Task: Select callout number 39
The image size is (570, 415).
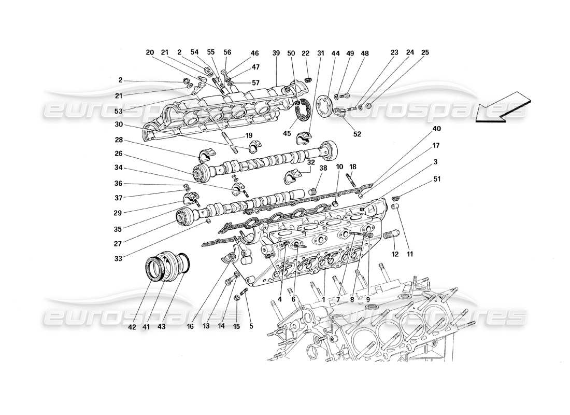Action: pyautogui.click(x=276, y=53)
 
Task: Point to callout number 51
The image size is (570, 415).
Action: pyautogui.click(x=438, y=180)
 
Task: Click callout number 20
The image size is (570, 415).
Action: pyautogui.click(x=150, y=53)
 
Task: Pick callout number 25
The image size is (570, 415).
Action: pyautogui.click(x=425, y=53)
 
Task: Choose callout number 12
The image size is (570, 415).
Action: pyautogui.click(x=395, y=254)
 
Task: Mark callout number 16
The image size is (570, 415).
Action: pyautogui.click(x=190, y=327)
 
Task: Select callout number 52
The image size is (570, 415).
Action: pyautogui.click(x=357, y=133)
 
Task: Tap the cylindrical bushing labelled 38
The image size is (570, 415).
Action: pyautogui.click(x=312, y=192)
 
